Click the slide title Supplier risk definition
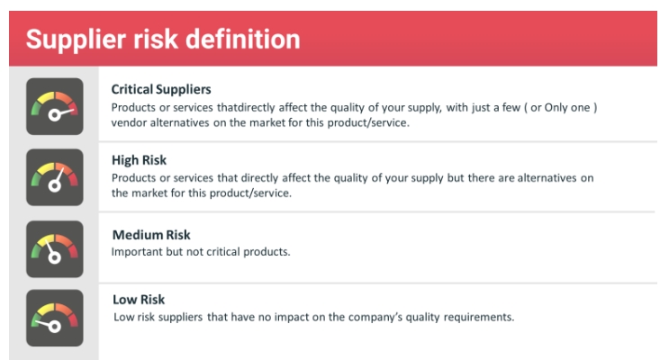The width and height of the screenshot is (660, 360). point(163,40)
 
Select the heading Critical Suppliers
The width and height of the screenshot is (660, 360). point(161,90)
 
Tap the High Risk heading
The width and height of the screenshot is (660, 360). point(139,161)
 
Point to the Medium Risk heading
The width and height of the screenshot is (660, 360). point(151,235)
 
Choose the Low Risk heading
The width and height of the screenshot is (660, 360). point(139,300)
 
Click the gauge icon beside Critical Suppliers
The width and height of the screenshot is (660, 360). point(55,106)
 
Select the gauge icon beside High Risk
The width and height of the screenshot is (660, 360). point(55,177)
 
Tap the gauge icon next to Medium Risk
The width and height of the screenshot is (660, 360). point(55,249)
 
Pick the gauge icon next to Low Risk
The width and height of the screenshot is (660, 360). point(55,318)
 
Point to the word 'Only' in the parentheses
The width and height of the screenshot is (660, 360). point(556,108)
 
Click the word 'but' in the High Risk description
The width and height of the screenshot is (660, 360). point(456,178)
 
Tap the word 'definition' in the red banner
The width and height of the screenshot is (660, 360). point(243,40)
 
